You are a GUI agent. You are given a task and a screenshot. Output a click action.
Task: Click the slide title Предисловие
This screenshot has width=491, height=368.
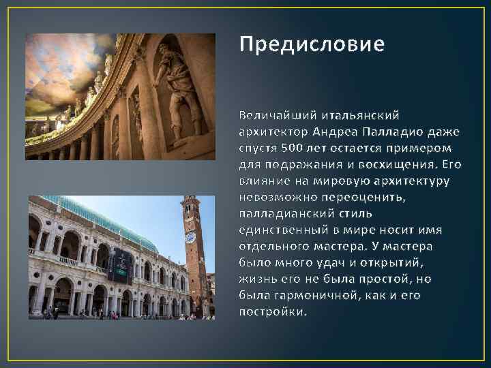click(x=312, y=44)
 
